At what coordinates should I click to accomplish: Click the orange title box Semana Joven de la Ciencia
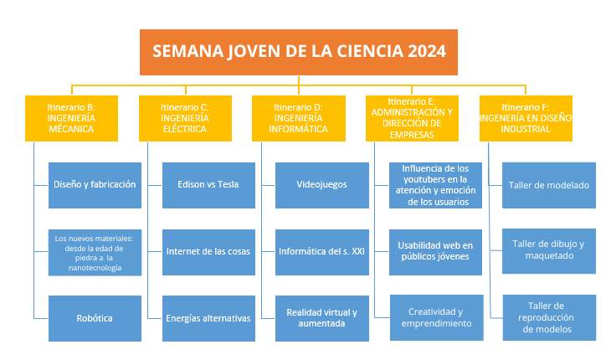pos(299,52)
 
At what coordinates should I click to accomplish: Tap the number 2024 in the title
pos(427,51)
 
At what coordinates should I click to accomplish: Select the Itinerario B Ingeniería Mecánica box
pos(71,118)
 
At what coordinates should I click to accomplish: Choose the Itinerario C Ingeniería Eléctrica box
pos(185,118)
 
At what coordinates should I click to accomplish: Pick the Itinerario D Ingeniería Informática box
pos(299,118)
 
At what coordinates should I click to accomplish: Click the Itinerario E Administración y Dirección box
pos(412,118)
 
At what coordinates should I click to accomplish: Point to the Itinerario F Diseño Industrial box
pos(526,118)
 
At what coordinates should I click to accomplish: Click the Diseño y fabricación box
pos(95,186)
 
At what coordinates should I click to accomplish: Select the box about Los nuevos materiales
pos(95,253)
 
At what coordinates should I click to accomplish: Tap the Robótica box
pos(95,319)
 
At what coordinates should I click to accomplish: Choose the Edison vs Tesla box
pos(208,186)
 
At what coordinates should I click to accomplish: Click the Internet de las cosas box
pos(208,253)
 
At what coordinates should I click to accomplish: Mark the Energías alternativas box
pos(208,319)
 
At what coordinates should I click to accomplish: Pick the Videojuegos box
pos(322,186)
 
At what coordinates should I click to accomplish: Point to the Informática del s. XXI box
pos(322,253)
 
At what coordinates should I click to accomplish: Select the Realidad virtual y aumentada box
pos(322,319)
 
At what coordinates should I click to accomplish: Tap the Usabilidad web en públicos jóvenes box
pos(435,253)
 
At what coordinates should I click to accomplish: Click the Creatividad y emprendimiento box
pos(436,317)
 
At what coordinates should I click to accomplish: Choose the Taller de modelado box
pos(549,186)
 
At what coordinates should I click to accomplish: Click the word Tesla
pos(228,184)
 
